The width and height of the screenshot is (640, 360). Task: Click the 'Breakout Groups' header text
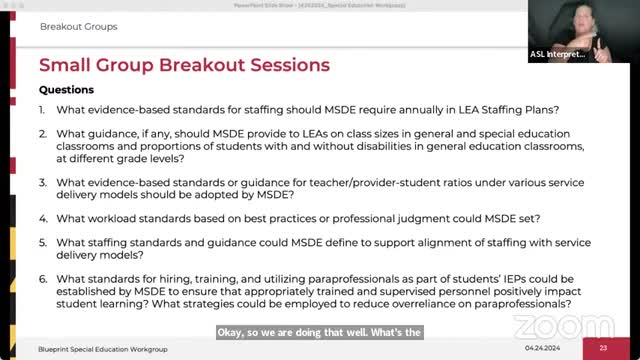point(78,27)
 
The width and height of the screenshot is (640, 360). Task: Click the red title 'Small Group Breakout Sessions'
point(184,66)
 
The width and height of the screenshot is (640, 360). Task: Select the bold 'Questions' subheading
point(66,89)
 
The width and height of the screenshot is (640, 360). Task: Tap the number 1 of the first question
point(42,108)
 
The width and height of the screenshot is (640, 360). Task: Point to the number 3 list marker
point(42,182)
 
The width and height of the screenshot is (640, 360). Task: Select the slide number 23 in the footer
point(603,348)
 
